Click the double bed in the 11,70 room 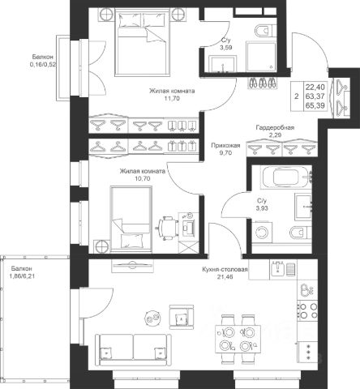142,41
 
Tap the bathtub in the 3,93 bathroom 285,177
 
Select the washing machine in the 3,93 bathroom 262,231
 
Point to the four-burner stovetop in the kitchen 307,310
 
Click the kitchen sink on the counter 278,268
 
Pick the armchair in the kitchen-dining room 182,317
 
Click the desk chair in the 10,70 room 168,229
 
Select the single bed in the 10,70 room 131,219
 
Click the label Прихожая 225,146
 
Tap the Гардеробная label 275,127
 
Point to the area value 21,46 225,276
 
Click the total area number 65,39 315,105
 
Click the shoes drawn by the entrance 262,82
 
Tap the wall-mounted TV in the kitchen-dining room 132,264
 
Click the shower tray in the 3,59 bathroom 261,57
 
